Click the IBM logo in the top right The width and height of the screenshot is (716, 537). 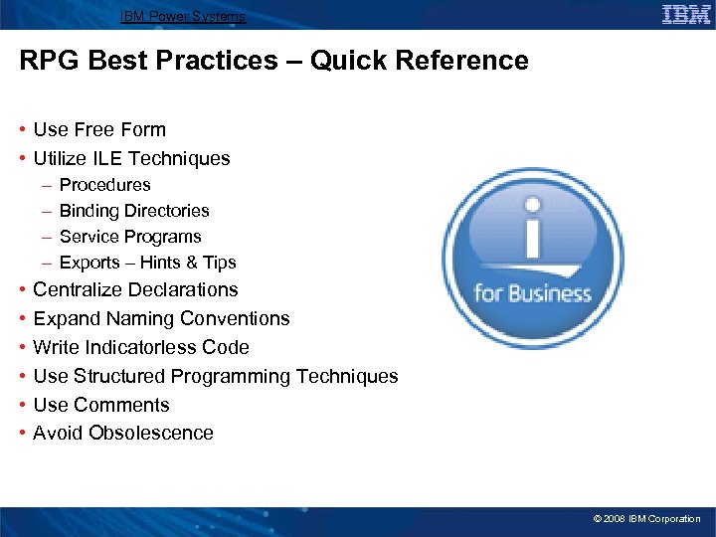pos(686,14)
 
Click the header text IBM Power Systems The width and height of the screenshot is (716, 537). pos(182,16)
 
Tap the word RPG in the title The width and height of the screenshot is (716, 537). pos(49,61)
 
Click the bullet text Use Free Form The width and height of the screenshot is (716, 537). pos(99,129)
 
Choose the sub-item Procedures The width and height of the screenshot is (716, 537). pos(105,185)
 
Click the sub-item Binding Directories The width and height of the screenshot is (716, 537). pos(134,211)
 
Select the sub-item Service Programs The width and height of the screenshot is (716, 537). pos(130,237)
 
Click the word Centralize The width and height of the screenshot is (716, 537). pos(79,289)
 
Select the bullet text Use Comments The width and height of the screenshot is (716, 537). pos(101,405)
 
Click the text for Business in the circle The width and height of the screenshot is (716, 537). pos(532,294)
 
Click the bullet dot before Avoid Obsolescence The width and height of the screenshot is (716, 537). pos(22,433)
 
